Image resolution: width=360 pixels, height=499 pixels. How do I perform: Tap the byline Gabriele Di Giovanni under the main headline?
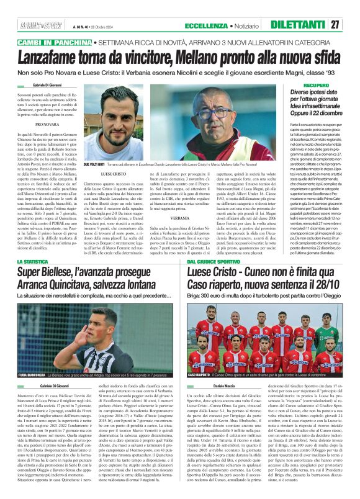(47, 84)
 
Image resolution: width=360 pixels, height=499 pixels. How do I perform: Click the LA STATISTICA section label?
(36, 263)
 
